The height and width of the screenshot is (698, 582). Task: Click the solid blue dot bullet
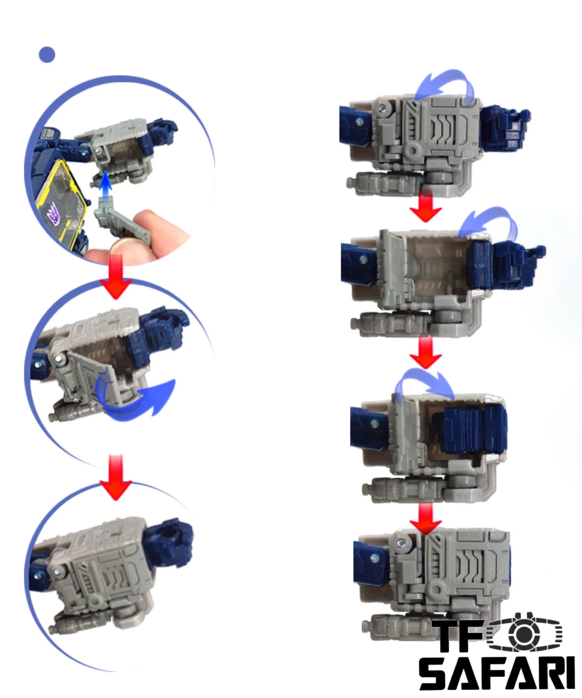47,55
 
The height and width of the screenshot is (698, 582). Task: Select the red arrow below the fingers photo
116,277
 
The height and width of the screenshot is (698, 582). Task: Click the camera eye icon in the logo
524,633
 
